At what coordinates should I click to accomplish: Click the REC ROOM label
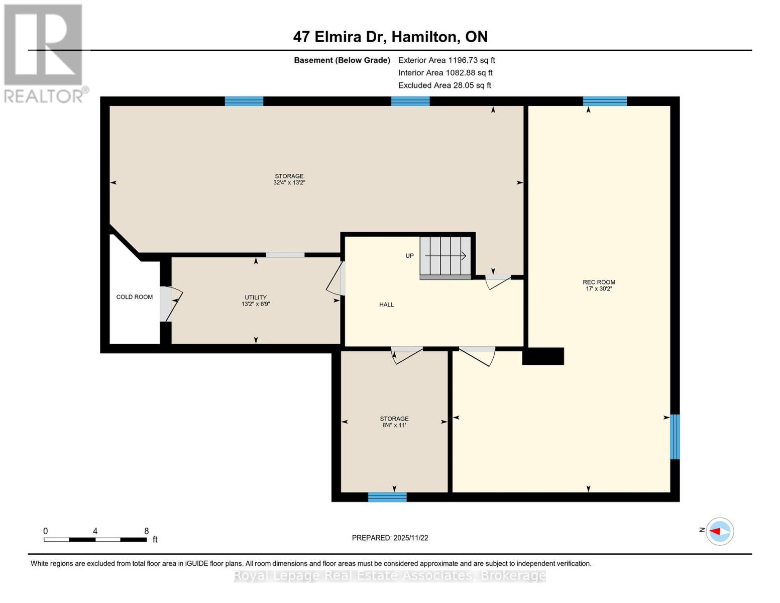pos(599,282)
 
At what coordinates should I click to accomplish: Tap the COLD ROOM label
pos(134,297)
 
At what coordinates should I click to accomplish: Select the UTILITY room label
pos(256,297)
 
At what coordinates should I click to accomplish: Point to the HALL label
pos(386,305)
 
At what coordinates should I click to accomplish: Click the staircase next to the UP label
pos(445,256)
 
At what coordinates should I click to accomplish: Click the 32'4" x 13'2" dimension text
pos(289,183)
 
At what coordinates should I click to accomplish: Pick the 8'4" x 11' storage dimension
pos(394,425)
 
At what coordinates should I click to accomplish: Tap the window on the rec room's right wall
pos(675,437)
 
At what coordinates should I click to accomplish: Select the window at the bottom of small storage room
pos(387,497)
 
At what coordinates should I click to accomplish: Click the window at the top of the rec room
pos(605,102)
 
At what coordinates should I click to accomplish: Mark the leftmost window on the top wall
pos(244,102)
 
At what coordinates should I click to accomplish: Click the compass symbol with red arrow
pos(720,531)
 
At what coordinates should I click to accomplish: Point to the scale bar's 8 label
pos(146,531)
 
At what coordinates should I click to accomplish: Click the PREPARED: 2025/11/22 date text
pos(390,538)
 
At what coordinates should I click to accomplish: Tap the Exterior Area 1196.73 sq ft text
pos(447,60)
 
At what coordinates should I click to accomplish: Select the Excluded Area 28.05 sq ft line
pos(444,85)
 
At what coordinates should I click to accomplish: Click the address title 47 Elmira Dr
pos(390,37)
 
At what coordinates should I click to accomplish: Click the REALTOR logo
pos(44,53)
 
